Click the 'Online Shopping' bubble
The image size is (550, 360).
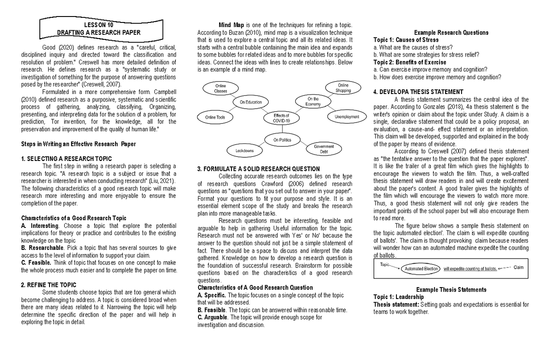(x=343, y=88)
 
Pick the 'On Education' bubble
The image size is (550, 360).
(x=251, y=102)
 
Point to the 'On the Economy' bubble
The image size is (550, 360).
(x=313, y=101)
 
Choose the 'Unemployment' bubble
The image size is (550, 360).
(x=346, y=117)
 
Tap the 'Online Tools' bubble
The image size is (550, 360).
(x=215, y=117)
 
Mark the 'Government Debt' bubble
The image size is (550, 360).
(x=324, y=149)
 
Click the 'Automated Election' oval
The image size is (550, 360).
(x=421, y=269)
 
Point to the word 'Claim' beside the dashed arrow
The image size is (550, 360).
(x=518, y=267)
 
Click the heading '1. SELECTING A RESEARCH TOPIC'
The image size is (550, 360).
(x=66, y=159)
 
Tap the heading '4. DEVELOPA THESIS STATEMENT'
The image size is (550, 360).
(x=418, y=92)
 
